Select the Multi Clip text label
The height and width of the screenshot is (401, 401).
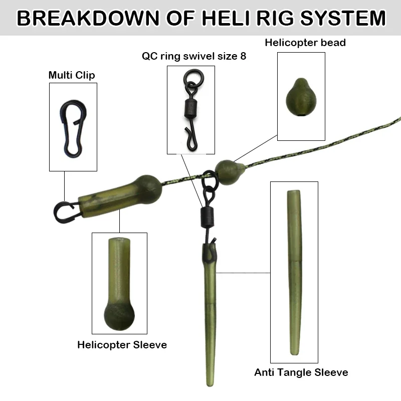pyautogui.click(x=72, y=75)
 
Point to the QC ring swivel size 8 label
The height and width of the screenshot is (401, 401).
pyautogui.click(x=193, y=56)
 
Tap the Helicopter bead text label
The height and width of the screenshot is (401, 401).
pyautogui.click(x=305, y=43)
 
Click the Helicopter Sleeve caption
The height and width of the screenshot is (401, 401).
pyautogui.click(x=122, y=344)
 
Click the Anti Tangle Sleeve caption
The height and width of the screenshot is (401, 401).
pyautogui.click(x=301, y=372)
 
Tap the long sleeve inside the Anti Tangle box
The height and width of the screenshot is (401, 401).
pyautogui.click(x=294, y=271)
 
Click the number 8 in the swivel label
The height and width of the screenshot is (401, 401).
pyautogui.click(x=243, y=56)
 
